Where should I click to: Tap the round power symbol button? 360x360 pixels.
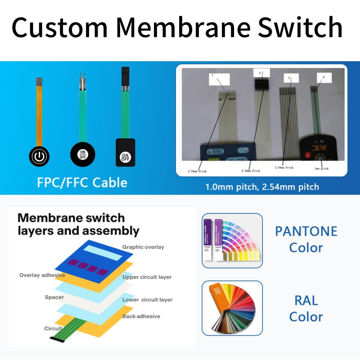coord(40,156)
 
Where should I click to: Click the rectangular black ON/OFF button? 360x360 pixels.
coord(125,153)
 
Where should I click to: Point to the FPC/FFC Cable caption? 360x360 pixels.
coord(82,182)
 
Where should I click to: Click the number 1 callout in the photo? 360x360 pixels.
coord(211,75)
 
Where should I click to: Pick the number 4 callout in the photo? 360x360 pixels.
coord(323,77)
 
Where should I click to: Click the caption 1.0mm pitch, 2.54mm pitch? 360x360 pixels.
coord(262,187)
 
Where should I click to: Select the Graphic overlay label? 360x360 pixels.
coord(143,247)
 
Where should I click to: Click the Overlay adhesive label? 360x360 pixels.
coord(42,275)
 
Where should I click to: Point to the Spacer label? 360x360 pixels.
coord(54,297)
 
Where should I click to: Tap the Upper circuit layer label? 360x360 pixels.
coord(147,277)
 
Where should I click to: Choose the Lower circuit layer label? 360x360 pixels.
coord(147,300)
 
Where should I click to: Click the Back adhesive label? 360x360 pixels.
coord(141,316)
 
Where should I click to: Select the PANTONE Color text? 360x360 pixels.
coord(306,239)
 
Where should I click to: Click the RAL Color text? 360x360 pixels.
coord(306,308)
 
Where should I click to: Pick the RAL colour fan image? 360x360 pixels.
coord(232,308)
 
